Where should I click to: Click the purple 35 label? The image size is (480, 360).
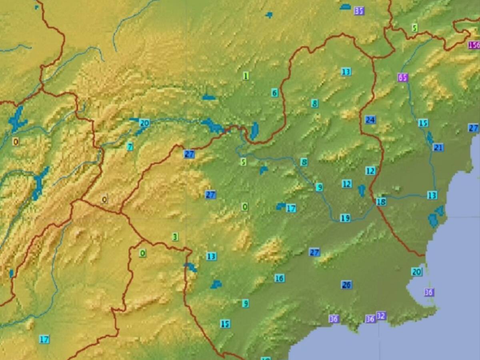tap(359, 11)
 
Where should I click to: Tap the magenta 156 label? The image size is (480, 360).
tap(474, 45)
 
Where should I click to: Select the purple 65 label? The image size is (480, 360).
tap(403, 78)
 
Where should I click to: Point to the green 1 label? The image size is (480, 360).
tap(246, 76)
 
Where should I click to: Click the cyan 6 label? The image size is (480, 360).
tap(274, 93)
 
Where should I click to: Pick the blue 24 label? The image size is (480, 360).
tap(370, 120)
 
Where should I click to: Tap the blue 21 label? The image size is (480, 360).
tap(438, 148)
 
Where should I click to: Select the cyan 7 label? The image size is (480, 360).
tap(130, 146)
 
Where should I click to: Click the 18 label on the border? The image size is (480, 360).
tap(381, 202)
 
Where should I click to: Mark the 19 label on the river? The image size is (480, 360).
tap(345, 218)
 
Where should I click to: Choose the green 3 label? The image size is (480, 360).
tap(175, 237)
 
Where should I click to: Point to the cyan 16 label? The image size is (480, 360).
tap(280, 278)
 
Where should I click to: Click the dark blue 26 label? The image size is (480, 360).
tap(346, 285)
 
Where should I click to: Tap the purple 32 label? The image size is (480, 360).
tap(381, 316)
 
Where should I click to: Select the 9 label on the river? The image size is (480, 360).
tap(319, 187)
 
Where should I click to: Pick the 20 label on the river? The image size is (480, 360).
tap(144, 123)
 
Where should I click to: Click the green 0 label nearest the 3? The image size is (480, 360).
tap(142, 253)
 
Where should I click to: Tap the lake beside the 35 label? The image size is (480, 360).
tap(345, 7)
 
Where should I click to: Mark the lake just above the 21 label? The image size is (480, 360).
tap(430, 138)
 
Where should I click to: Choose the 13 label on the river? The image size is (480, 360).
tap(432, 195)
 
